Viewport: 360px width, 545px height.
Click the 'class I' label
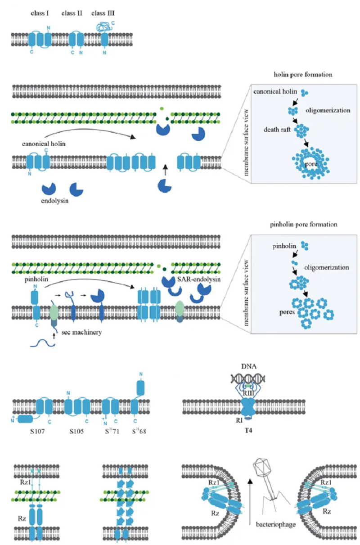38,14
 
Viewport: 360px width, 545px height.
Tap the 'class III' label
103,14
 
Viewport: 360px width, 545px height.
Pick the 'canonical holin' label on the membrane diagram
41,144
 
